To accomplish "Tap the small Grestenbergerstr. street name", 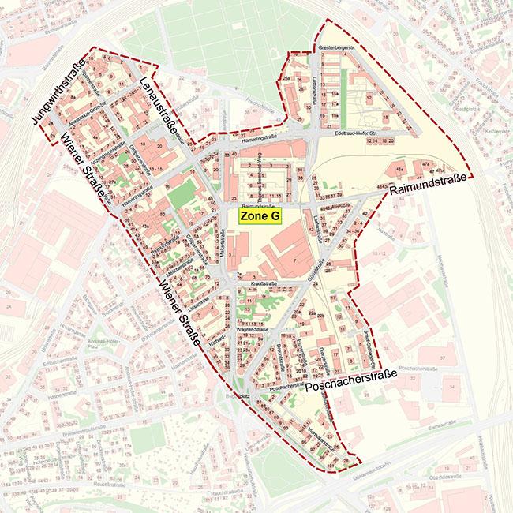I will tap(335, 48).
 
